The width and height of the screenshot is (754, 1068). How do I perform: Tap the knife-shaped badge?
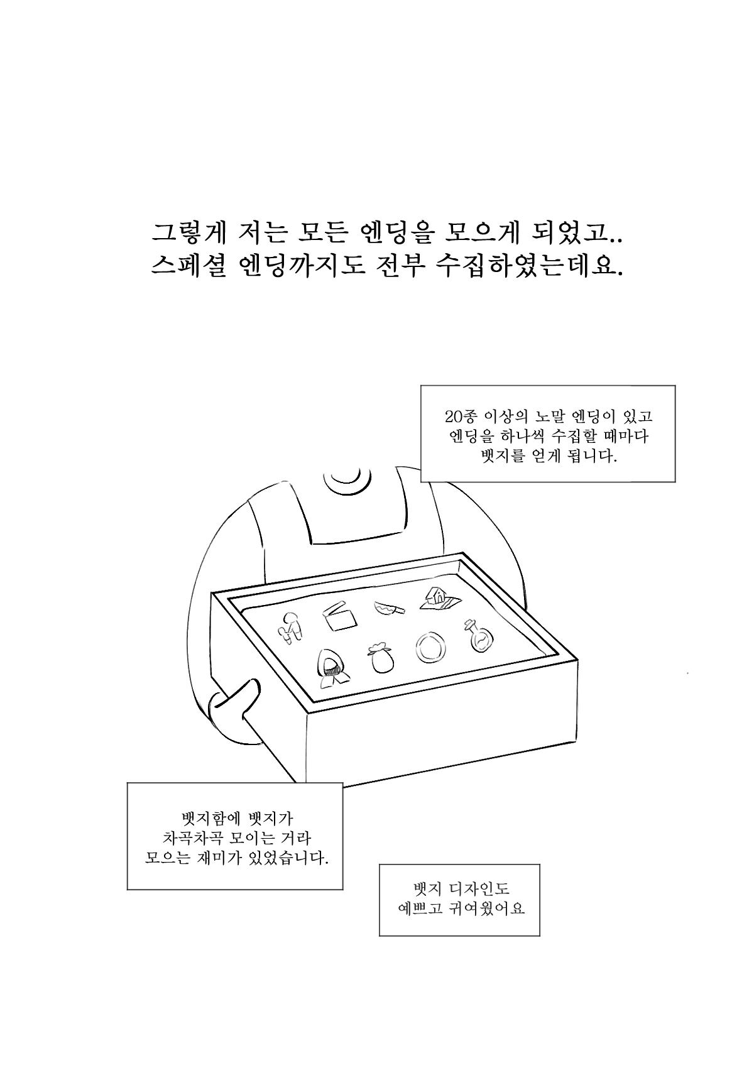(x=389, y=608)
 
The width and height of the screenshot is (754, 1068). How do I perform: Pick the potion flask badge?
(x=478, y=635)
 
